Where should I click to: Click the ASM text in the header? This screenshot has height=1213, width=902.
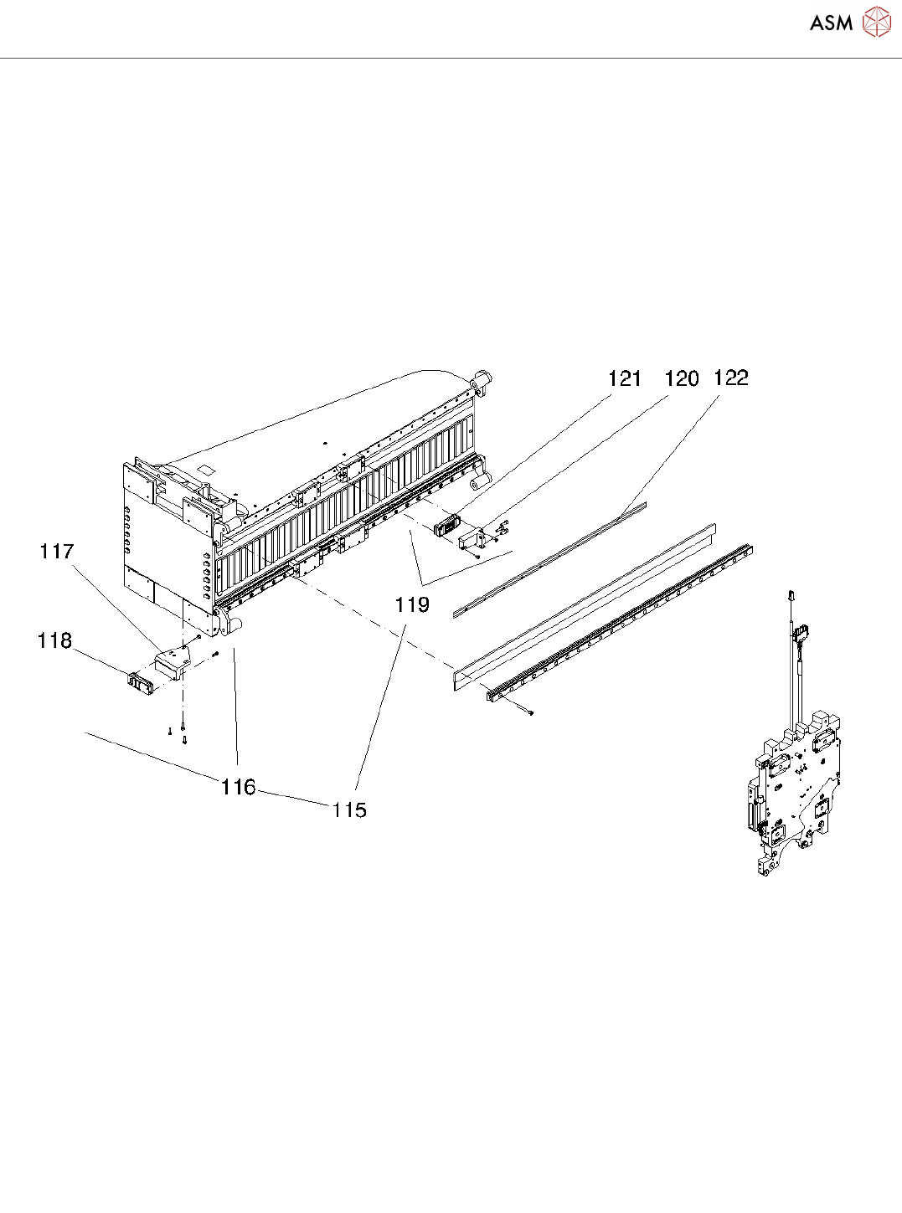tap(831, 23)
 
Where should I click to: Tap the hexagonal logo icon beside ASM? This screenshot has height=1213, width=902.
tap(876, 22)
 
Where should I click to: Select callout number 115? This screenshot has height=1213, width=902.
tap(349, 810)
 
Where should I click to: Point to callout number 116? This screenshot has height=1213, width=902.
tap(239, 787)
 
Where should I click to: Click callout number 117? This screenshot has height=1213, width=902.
tap(57, 551)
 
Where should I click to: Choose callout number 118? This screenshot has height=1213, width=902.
tap(54, 640)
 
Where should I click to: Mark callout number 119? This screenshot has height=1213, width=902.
tap(412, 604)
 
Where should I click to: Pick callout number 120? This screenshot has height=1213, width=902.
tap(681, 379)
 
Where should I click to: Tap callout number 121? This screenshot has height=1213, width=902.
tap(625, 379)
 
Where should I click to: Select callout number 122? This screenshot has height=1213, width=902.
tap(730, 378)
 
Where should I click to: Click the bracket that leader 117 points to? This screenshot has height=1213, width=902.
tap(172, 662)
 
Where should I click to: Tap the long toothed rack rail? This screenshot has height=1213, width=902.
tap(620, 620)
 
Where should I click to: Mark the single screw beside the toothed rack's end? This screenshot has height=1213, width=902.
tap(531, 713)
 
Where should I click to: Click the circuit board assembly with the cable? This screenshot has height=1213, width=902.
tap(791, 795)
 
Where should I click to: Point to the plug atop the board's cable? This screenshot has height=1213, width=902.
tap(791, 595)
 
